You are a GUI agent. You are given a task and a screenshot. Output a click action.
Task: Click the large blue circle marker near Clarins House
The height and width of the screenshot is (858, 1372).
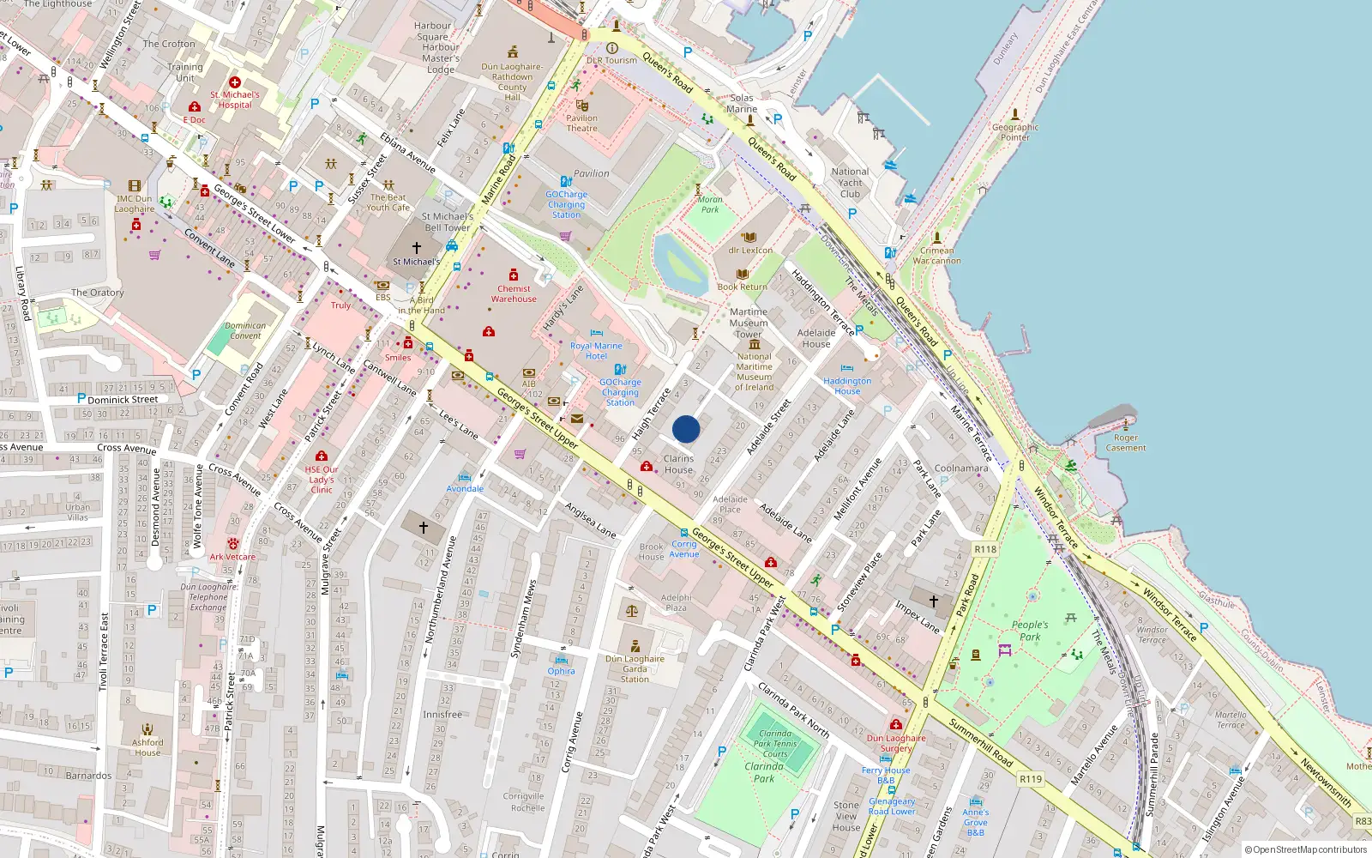pos(686,429)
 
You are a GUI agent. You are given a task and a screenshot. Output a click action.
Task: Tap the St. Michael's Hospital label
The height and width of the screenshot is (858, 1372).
pos(235,100)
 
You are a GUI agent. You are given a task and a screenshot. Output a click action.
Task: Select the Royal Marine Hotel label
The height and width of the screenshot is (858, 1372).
pos(596,350)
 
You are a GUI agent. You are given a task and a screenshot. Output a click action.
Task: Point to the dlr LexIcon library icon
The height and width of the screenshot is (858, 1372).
pos(749,238)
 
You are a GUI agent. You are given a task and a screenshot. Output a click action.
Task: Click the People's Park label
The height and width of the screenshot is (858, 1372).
pos(1029,631)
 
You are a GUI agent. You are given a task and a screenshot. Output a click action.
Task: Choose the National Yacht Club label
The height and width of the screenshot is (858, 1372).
pos(850,183)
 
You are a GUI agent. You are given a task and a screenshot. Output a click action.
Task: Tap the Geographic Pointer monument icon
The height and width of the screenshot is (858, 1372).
pos(1015,114)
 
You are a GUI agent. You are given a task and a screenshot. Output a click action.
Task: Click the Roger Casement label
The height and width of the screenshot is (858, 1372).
pos(1126,443)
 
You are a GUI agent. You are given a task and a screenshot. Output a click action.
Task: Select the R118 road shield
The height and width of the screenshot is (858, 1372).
pos(985,549)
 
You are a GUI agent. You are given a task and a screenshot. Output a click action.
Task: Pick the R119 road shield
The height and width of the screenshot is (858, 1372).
pos(1030,779)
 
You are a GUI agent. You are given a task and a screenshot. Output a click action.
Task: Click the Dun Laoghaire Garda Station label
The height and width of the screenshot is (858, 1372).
pos(635,669)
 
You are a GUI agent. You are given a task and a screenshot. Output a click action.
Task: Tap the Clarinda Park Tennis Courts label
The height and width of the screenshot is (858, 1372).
pos(775,743)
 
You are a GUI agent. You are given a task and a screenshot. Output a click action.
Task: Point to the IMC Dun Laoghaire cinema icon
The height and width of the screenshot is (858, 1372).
pos(134,185)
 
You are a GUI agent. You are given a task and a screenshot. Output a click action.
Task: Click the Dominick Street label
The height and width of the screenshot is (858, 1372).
pos(123,399)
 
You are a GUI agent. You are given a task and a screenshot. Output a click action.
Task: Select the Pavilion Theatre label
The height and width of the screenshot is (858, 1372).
pos(581,124)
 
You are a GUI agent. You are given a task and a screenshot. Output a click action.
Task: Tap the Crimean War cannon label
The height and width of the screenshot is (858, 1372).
pos(936,256)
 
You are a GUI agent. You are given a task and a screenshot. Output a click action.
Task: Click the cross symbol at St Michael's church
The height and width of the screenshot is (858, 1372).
pos(417,247)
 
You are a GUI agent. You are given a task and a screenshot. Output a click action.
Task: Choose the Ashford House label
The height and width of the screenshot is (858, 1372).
pos(147,747)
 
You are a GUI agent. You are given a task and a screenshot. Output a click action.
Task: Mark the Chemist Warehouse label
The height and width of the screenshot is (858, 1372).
pos(514,293)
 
